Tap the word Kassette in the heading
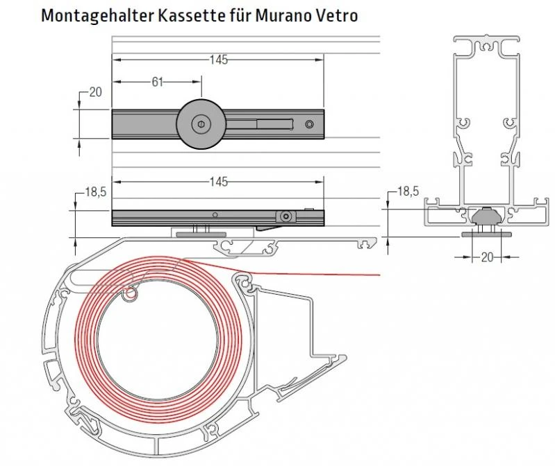[x=180, y=15]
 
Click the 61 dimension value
[x=157, y=82]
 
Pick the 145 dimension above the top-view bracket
[x=218, y=60]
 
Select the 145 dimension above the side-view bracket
[x=218, y=182]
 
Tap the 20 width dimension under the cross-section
[x=486, y=257]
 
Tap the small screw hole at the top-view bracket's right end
[x=309, y=125]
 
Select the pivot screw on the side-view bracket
[x=285, y=217]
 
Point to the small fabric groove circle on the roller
[x=129, y=296]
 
